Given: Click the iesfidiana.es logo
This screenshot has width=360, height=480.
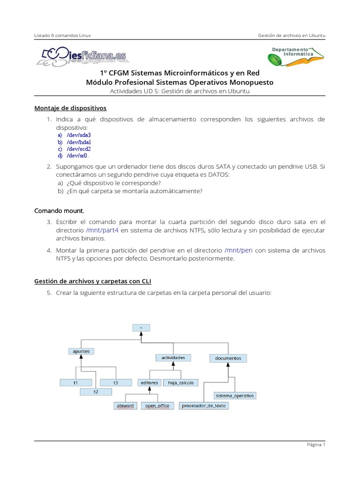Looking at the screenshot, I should (80, 56).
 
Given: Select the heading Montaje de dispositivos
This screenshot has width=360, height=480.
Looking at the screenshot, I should (70, 108).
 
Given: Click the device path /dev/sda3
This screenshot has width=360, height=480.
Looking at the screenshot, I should (78, 135).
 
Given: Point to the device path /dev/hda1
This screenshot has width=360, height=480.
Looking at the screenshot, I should (78, 142).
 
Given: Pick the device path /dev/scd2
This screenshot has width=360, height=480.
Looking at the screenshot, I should (78, 149).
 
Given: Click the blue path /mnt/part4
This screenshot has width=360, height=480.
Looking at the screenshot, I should (103, 231).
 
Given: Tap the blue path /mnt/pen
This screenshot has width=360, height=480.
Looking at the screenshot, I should (239, 250).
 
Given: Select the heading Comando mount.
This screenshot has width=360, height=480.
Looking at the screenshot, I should (59, 210).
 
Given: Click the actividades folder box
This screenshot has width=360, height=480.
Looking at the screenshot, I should (173, 358).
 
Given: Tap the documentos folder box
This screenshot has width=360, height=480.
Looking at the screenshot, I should (228, 358).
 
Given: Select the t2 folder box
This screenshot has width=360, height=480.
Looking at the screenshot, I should (96, 391).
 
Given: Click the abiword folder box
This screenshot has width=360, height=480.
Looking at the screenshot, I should (125, 405).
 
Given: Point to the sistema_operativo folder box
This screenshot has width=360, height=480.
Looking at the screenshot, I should (235, 396).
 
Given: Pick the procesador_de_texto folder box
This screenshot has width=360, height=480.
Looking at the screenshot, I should (204, 405).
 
